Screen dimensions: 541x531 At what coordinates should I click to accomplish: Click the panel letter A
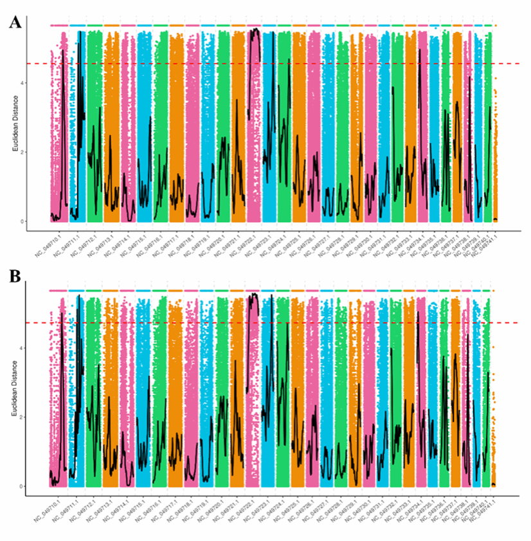click(x=16, y=23)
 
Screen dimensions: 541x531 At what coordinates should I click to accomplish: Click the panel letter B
click(x=16, y=277)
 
